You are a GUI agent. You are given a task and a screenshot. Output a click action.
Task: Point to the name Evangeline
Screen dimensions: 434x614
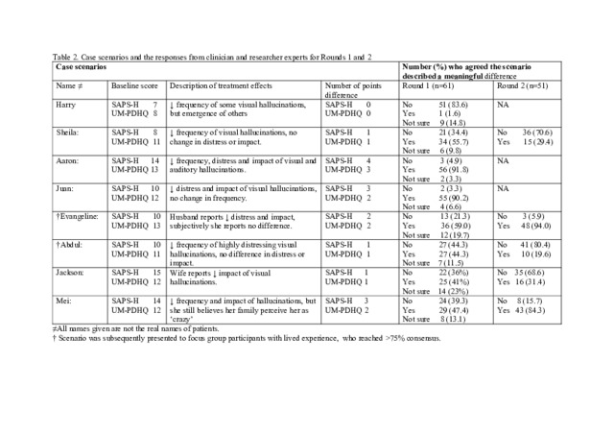(x=76, y=217)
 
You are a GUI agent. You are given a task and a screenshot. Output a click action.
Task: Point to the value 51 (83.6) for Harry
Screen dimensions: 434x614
(x=454, y=103)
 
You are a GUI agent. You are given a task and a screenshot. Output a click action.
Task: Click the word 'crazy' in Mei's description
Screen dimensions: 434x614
(x=184, y=320)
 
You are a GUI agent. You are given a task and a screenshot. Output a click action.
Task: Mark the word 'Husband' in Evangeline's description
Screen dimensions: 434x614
(x=185, y=217)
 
